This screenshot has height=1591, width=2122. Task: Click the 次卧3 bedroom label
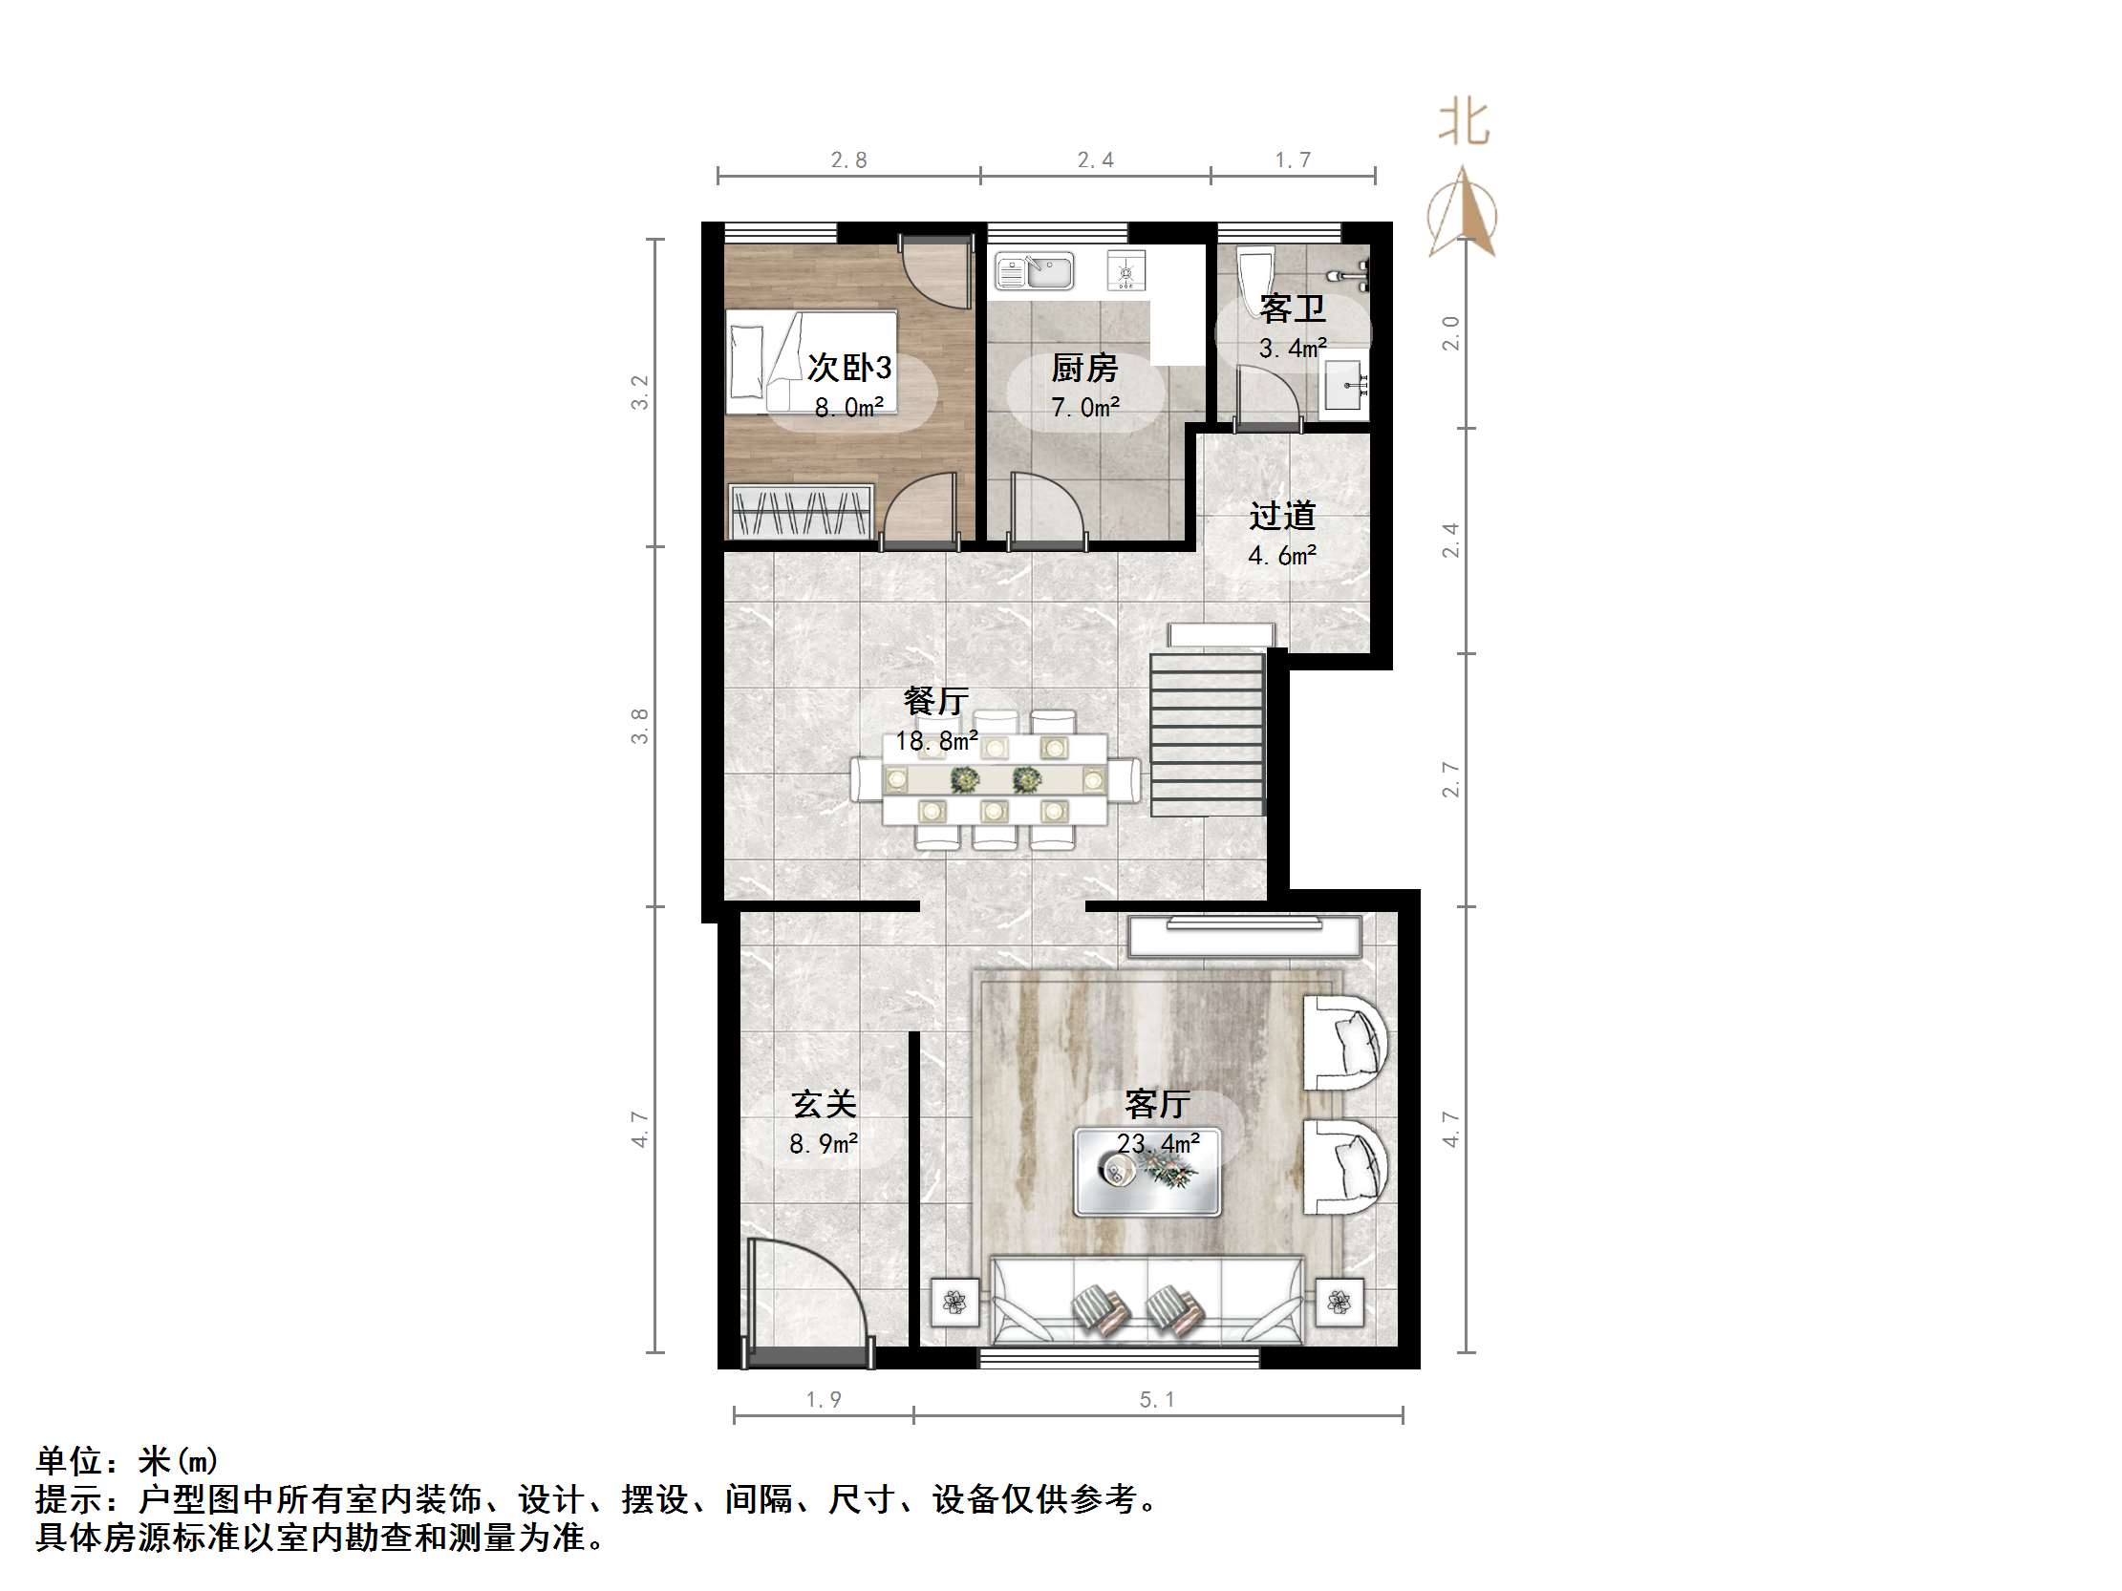pyautogui.click(x=849, y=367)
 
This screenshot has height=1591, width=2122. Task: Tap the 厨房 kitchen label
pyautogui.click(x=1084, y=368)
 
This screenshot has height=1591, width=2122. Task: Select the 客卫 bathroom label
pyautogui.click(x=1292, y=308)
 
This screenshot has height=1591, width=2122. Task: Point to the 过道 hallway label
pyautogui.click(x=1281, y=516)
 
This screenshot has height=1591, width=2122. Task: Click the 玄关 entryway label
pyautogui.click(x=823, y=1104)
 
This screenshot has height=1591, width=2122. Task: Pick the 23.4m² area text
pyautogui.click(x=1158, y=1144)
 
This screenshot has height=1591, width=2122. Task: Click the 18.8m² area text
pyautogui.click(x=936, y=740)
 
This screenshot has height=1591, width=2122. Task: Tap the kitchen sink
pyautogui.click(x=1034, y=271)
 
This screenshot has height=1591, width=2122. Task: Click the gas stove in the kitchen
pyautogui.click(x=1125, y=271)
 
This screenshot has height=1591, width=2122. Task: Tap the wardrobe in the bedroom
pyautogui.click(x=801, y=511)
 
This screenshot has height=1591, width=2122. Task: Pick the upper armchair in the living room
pyautogui.click(x=1345, y=1043)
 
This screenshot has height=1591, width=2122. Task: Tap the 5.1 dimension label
pyautogui.click(x=1157, y=1399)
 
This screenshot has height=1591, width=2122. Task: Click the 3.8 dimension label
pyautogui.click(x=640, y=726)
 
